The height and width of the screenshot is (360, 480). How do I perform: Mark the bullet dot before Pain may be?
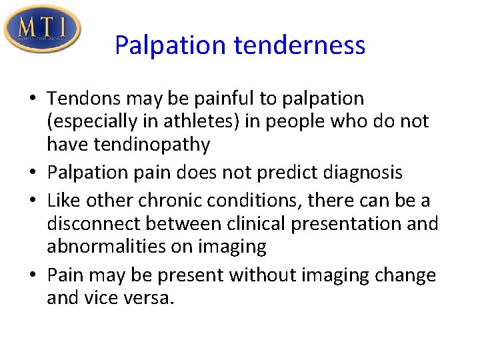point(33,275)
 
